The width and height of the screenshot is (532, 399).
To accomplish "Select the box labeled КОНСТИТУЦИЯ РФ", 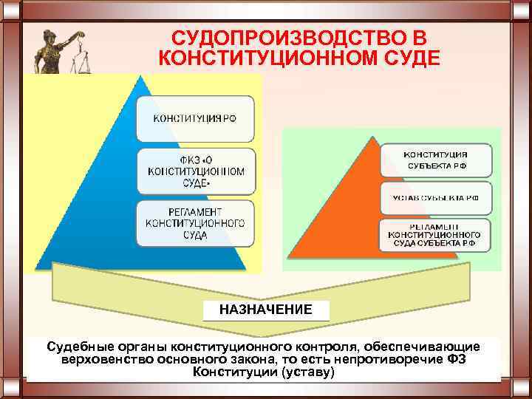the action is tap(195, 119).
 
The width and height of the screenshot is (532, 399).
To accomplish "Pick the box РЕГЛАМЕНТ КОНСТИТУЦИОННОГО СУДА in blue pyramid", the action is tap(195, 223).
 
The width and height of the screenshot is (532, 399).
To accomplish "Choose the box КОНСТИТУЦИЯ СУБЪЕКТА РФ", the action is tap(436, 160).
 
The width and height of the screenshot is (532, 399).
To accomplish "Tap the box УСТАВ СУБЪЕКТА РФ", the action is tap(436, 198).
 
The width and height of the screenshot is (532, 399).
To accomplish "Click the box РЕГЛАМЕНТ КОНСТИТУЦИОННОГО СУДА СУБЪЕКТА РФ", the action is tap(436, 234).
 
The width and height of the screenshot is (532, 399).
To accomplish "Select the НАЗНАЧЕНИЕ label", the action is tap(265, 310).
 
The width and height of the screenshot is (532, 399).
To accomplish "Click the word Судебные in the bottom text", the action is tap(76, 347).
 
